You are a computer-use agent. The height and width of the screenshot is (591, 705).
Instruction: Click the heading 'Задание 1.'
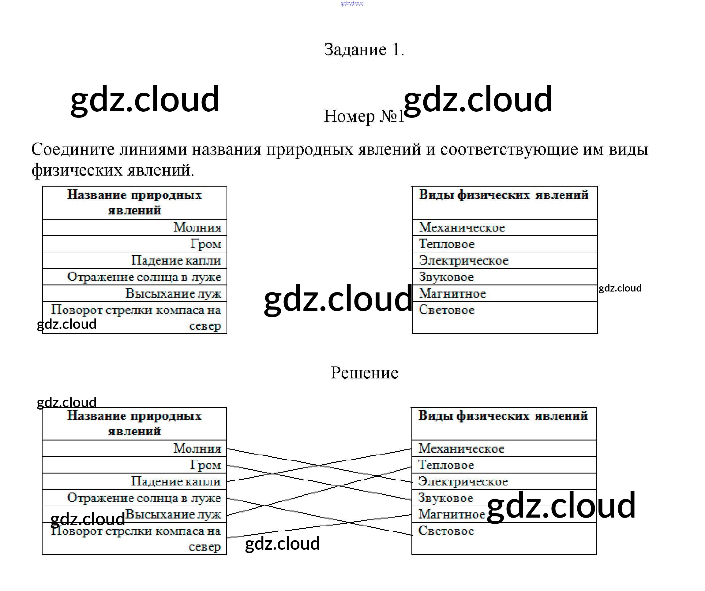pos(364,50)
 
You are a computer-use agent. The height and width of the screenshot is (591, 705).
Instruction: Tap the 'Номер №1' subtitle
pos(364,116)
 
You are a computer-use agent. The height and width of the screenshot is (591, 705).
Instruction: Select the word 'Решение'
pos(364,373)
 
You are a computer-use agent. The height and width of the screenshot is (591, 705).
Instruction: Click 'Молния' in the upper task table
pos(197,227)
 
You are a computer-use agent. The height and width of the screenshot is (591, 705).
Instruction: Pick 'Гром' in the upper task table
pos(205,244)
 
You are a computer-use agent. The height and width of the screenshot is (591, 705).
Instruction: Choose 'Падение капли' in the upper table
pos(176,260)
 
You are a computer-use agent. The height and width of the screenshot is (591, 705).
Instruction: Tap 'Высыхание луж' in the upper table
pos(173,293)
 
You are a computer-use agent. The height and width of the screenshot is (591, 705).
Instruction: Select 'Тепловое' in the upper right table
pos(447,244)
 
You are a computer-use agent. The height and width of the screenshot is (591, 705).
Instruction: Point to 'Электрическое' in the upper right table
pos(463,261)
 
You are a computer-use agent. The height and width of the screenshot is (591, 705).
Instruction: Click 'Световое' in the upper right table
pos(447,310)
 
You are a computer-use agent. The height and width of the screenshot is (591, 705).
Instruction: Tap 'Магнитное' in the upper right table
pos(452,293)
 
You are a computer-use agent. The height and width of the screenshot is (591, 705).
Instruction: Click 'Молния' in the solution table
pos(197,448)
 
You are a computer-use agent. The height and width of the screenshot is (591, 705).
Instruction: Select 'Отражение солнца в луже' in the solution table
pos(144,498)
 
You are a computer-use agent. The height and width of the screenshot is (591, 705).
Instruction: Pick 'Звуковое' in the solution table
pos(445,498)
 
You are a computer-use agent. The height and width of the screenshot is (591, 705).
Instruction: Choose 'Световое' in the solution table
pos(446,531)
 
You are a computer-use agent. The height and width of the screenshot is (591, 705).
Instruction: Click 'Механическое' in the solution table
pos(461,448)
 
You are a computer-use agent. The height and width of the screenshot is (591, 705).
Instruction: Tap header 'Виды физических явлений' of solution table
pos(503,416)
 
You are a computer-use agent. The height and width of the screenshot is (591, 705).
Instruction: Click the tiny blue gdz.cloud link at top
pos(352,3)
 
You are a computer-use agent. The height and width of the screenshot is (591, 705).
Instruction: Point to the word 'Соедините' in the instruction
pos(73,149)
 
